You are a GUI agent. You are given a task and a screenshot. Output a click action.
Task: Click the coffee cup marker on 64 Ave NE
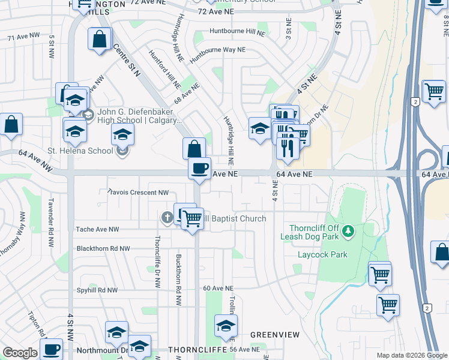click(x=199, y=169)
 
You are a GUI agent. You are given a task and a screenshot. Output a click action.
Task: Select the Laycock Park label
click(x=323, y=254)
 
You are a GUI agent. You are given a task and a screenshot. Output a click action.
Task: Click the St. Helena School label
click(x=80, y=151)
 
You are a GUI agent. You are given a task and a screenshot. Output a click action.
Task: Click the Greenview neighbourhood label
click(x=271, y=334)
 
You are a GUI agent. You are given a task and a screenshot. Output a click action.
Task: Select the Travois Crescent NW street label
click(x=137, y=192)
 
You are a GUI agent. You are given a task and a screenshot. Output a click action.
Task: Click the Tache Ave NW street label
click(x=97, y=229)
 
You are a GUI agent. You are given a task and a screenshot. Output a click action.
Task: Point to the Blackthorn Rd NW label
click(x=103, y=248)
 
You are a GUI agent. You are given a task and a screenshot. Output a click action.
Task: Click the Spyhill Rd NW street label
click(x=97, y=289)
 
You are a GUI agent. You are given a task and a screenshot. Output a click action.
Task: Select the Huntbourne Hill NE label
click(x=237, y=31)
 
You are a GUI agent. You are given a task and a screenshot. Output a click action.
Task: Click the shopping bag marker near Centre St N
click(x=194, y=149)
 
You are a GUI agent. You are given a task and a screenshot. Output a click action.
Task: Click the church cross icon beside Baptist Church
click(x=167, y=218)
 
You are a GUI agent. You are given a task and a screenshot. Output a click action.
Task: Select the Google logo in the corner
click(x=20, y=353)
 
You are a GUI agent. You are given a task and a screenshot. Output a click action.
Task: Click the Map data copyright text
click(x=411, y=355)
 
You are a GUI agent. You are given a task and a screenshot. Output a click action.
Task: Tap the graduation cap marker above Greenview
click(x=226, y=326)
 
